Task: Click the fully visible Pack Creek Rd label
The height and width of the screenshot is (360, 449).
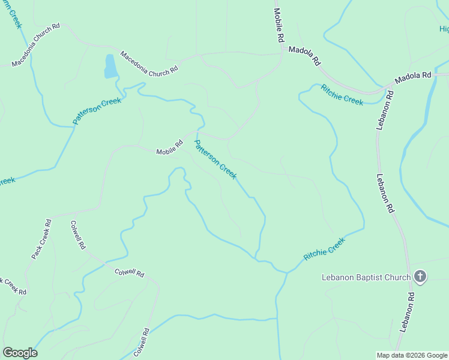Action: [x=41, y=239]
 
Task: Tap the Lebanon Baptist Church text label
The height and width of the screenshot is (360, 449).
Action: [x=366, y=277]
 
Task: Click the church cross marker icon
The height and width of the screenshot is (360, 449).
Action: [x=420, y=277]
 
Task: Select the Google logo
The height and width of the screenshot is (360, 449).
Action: [x=20, y=353]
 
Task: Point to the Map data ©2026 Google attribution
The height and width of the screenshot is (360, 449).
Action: [x=412, y=355]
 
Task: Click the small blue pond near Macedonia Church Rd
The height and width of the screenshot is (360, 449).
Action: [x=110, y=67]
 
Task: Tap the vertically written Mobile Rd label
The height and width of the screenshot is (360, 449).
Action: [x=279, y=25]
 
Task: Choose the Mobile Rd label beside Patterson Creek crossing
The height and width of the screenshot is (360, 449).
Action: [x=169, y=148]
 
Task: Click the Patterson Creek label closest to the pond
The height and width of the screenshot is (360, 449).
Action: [x=97, y=111]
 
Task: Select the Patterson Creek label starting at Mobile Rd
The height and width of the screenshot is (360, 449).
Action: [x=215, y=160]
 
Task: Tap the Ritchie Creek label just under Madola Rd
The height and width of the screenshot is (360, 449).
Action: [x=342, y=95]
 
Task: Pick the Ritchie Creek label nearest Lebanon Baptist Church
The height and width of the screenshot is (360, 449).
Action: [x=324, y=248]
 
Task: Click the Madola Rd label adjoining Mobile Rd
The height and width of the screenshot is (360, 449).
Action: [x=305, y=55]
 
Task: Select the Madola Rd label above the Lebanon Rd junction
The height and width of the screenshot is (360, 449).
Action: [x=412, y=77]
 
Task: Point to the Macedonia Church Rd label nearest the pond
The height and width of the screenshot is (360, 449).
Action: [x=149, y=62]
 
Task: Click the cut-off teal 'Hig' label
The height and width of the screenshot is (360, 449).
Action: [x=444, y=29]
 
